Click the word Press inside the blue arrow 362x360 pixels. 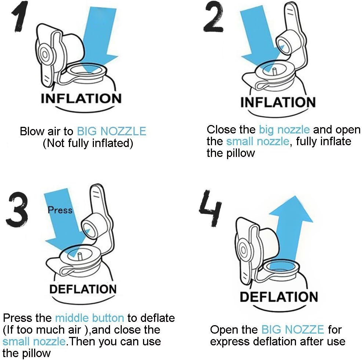(60, 210)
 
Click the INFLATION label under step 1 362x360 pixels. (81, 99)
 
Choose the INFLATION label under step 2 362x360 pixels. (278, 102)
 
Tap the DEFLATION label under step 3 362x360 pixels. (83, 289)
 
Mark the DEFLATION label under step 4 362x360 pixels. (279, 297)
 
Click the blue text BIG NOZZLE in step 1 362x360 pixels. (111, 131)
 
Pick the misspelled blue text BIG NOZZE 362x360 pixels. (292, 329)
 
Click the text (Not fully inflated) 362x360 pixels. (88, 143)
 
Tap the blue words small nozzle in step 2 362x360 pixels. (257, 142)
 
